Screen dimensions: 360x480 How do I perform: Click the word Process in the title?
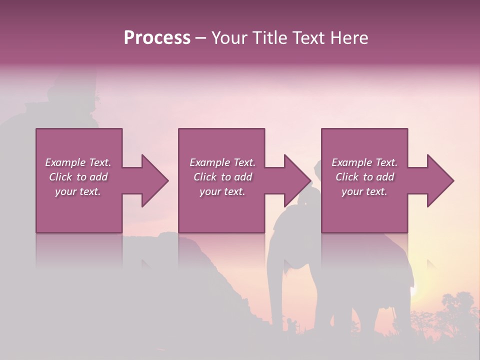pos(157,38)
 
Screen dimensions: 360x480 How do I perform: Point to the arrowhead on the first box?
pos(155,180)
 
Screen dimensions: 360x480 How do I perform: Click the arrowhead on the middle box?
pos(298,180)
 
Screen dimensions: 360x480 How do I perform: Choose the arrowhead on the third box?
pos(440,180)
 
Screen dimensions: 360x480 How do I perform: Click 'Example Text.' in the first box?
pos(78,162)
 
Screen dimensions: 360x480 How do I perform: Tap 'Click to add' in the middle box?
pos(222,177)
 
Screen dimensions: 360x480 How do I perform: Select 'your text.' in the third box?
pos(364,191)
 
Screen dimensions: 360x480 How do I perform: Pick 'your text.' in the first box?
pos(78,191)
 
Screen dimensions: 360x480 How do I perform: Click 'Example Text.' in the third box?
pos(364,162)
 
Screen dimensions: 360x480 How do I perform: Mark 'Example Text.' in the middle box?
pos(222,162)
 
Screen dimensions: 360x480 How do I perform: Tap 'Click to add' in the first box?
pos(78,177)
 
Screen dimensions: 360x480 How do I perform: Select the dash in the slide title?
pos(200,38)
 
